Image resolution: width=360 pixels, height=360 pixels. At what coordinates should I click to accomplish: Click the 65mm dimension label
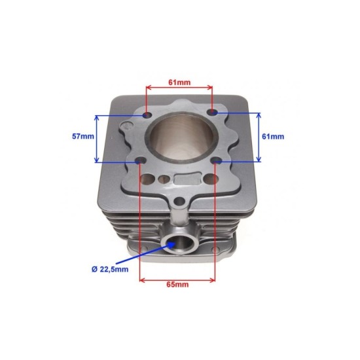[x=177, y=285]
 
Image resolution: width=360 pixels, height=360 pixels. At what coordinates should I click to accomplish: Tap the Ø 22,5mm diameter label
[x=111, y=269]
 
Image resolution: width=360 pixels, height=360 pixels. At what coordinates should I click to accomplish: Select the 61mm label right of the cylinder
[x=272, y=137]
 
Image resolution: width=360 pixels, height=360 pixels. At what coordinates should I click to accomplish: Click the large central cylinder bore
[x=178, y=138]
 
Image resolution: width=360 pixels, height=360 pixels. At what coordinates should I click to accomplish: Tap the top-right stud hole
[x=211, y=114]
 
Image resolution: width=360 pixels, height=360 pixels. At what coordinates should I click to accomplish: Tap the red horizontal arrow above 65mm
[x=177, y=278]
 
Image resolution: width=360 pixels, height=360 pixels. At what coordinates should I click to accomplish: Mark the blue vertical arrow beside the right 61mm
[x=259, y=137]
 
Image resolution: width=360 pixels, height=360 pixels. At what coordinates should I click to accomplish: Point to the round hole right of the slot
[x=209, y=179]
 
